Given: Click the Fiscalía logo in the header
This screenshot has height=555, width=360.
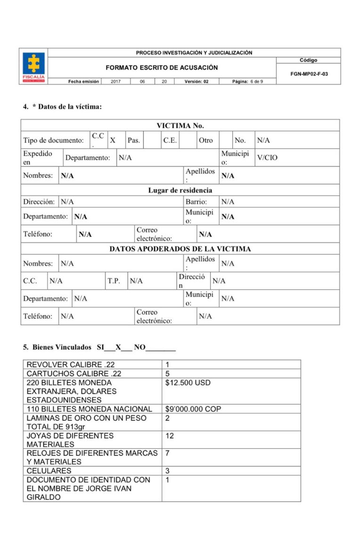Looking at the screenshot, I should [34, 66].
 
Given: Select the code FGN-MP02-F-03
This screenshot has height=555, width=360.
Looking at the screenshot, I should [309, 74].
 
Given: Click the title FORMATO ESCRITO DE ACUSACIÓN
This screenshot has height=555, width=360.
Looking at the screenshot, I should [162, 67].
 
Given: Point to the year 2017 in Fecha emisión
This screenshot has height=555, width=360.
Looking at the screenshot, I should [116, 82].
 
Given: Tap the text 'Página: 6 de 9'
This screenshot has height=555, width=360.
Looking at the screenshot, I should [247, 82].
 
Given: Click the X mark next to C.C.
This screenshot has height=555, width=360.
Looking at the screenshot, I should [113, 140].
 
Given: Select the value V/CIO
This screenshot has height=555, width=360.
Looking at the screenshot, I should [267, 157].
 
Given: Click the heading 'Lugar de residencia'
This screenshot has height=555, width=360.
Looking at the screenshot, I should [180, 191].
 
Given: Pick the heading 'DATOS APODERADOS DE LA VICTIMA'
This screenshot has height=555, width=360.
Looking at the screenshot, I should [180, 249].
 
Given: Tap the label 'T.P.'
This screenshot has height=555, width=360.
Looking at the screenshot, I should [114, 281].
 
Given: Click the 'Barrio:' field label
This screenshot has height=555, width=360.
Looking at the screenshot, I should [196, 202].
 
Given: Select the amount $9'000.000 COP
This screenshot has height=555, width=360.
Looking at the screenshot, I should [193, 409].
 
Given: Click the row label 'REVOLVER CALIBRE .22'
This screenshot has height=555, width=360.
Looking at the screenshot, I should [71, 364].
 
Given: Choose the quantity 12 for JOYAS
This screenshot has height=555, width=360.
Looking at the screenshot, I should [170, 436].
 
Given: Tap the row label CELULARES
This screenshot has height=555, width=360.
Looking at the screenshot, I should [49, 471].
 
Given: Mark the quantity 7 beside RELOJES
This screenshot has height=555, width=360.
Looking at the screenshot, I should [168, 453].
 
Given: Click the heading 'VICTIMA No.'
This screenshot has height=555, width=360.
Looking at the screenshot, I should [180, 125].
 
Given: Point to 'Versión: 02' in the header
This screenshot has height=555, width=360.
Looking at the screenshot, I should [196, 82].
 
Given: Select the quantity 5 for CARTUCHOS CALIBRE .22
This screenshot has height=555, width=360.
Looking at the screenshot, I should [168, 373].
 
